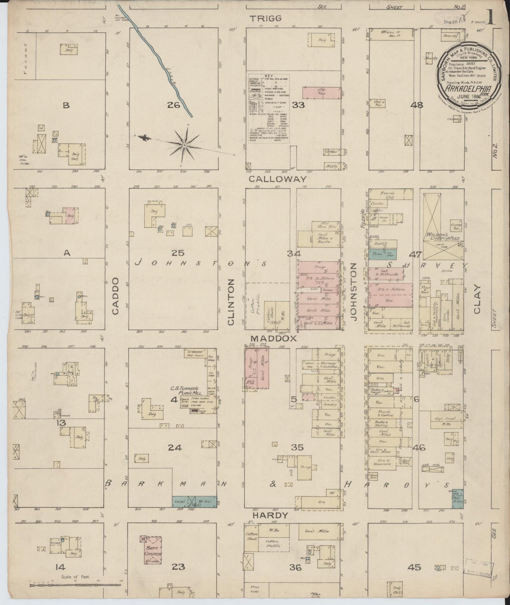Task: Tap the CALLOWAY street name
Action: [278, 179]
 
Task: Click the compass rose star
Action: [185, 145]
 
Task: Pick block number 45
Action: [414, 567]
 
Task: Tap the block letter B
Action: [65, 104]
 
